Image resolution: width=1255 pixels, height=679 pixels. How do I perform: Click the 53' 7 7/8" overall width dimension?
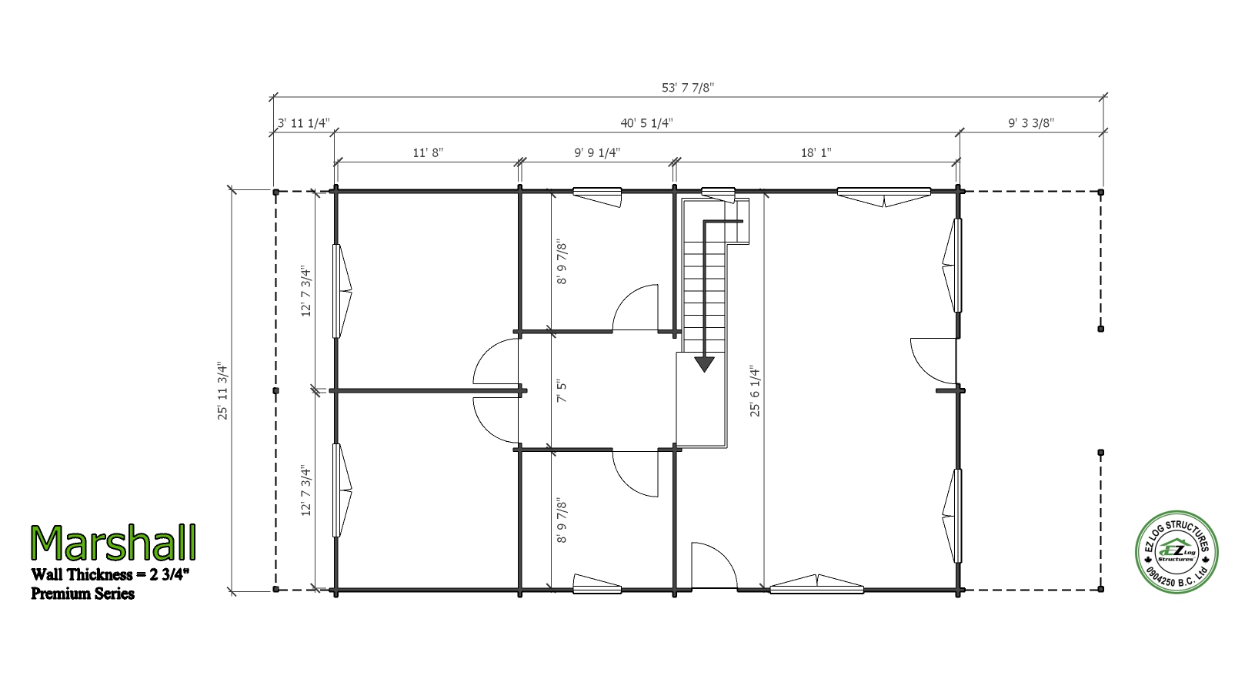pyautogui.click(x=687, y=88)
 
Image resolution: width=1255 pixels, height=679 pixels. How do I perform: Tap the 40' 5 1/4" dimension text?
pyautogui.click(x=646, y=123)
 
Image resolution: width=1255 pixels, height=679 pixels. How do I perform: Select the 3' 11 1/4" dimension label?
pyautogui.click(x=304, y=123)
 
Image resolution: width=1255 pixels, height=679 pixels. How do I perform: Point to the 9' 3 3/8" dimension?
pyautogui.click(x=1031, y=123)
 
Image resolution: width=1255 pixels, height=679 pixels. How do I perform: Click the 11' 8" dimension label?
pyautogui.click(x=428, y=152)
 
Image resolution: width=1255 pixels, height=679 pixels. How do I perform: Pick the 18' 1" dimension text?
pyautogui.click(x=816, y=152)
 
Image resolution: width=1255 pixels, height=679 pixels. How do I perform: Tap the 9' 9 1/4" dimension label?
pyautogui.click(x=597, y=152)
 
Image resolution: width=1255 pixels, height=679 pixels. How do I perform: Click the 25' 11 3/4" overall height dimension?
pyautogui.click(x=223, y=391)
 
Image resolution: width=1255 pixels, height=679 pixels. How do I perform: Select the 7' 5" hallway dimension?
pyautogui.click(x=562, y=391)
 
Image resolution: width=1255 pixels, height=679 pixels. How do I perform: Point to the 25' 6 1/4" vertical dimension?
pyautogui.click(x=756, y=391)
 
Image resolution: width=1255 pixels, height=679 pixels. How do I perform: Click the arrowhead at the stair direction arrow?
pyautogui.click(x=704, y=364)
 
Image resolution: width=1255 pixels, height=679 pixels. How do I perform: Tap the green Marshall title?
pyautogui.click(x=113, y=544)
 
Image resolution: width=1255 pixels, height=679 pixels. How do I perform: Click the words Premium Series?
pyautogui.click(x=82, y=594)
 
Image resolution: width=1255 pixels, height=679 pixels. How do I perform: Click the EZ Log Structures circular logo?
pyautogui.click(x=1177, y=552)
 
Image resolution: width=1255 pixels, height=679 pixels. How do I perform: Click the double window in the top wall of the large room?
pyautogui.click(x=884, y=197)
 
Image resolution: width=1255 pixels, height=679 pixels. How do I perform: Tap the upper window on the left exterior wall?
pyautogui.click(x=342, y=291)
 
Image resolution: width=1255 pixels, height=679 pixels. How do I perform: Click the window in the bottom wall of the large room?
pyautogui.click(x=817, y=584)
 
